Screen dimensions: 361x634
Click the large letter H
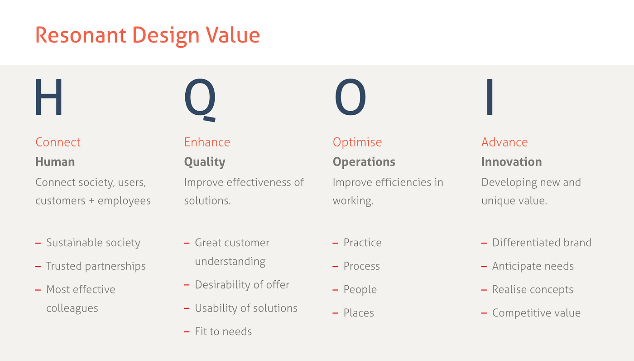[48, 97]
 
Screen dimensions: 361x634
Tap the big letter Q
[200, 98]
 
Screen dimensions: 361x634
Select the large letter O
[350, 97]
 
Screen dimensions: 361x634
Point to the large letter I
[489, 97]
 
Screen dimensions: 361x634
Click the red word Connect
[58, 142]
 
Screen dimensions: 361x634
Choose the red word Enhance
[207, 142]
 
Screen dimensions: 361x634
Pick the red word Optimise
[357, 142]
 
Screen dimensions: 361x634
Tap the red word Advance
[504, 142]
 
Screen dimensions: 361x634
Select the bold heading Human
[55, 162]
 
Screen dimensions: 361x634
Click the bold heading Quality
[205, 162]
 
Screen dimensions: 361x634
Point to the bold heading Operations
[364, 162]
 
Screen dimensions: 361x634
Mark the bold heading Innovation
[511, 162]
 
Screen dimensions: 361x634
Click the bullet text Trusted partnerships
[96, 266]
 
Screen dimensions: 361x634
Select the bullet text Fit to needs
[223, 332]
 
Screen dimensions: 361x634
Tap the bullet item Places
[359, 313]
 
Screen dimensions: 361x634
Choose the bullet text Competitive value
[536, 313]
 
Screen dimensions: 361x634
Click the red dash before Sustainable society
[38, 244]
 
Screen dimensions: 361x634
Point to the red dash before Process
[335, 267]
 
